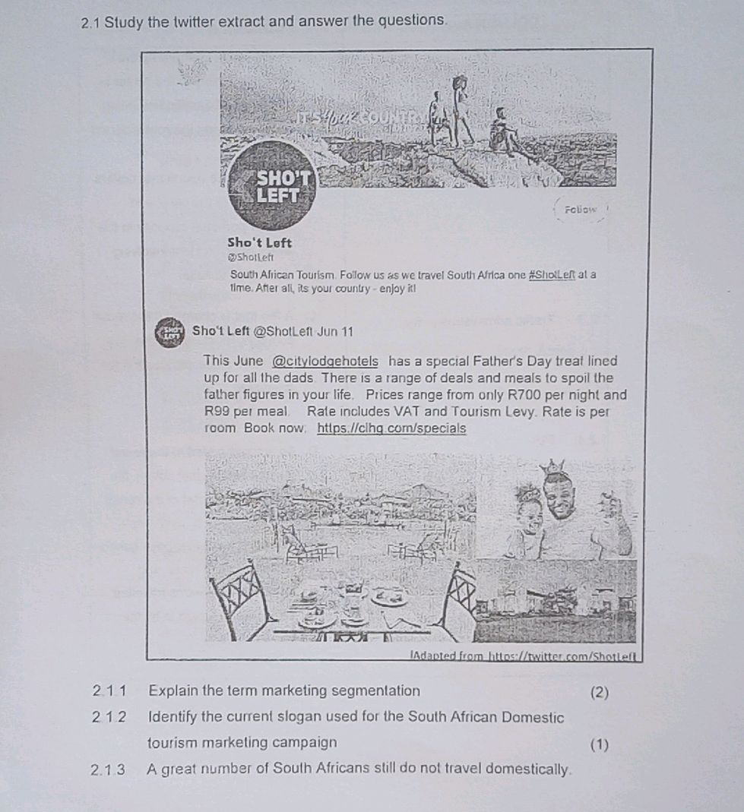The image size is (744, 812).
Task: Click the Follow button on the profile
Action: [581, 210]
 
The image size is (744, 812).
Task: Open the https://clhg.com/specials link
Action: [391, 428]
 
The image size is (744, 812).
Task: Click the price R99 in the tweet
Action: [220, 412]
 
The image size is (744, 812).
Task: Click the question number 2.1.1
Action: [109, 690]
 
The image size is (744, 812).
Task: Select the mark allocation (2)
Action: [599, 691]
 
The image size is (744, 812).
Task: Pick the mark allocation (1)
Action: [599, 744]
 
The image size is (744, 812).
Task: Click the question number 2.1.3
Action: [109, 769]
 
